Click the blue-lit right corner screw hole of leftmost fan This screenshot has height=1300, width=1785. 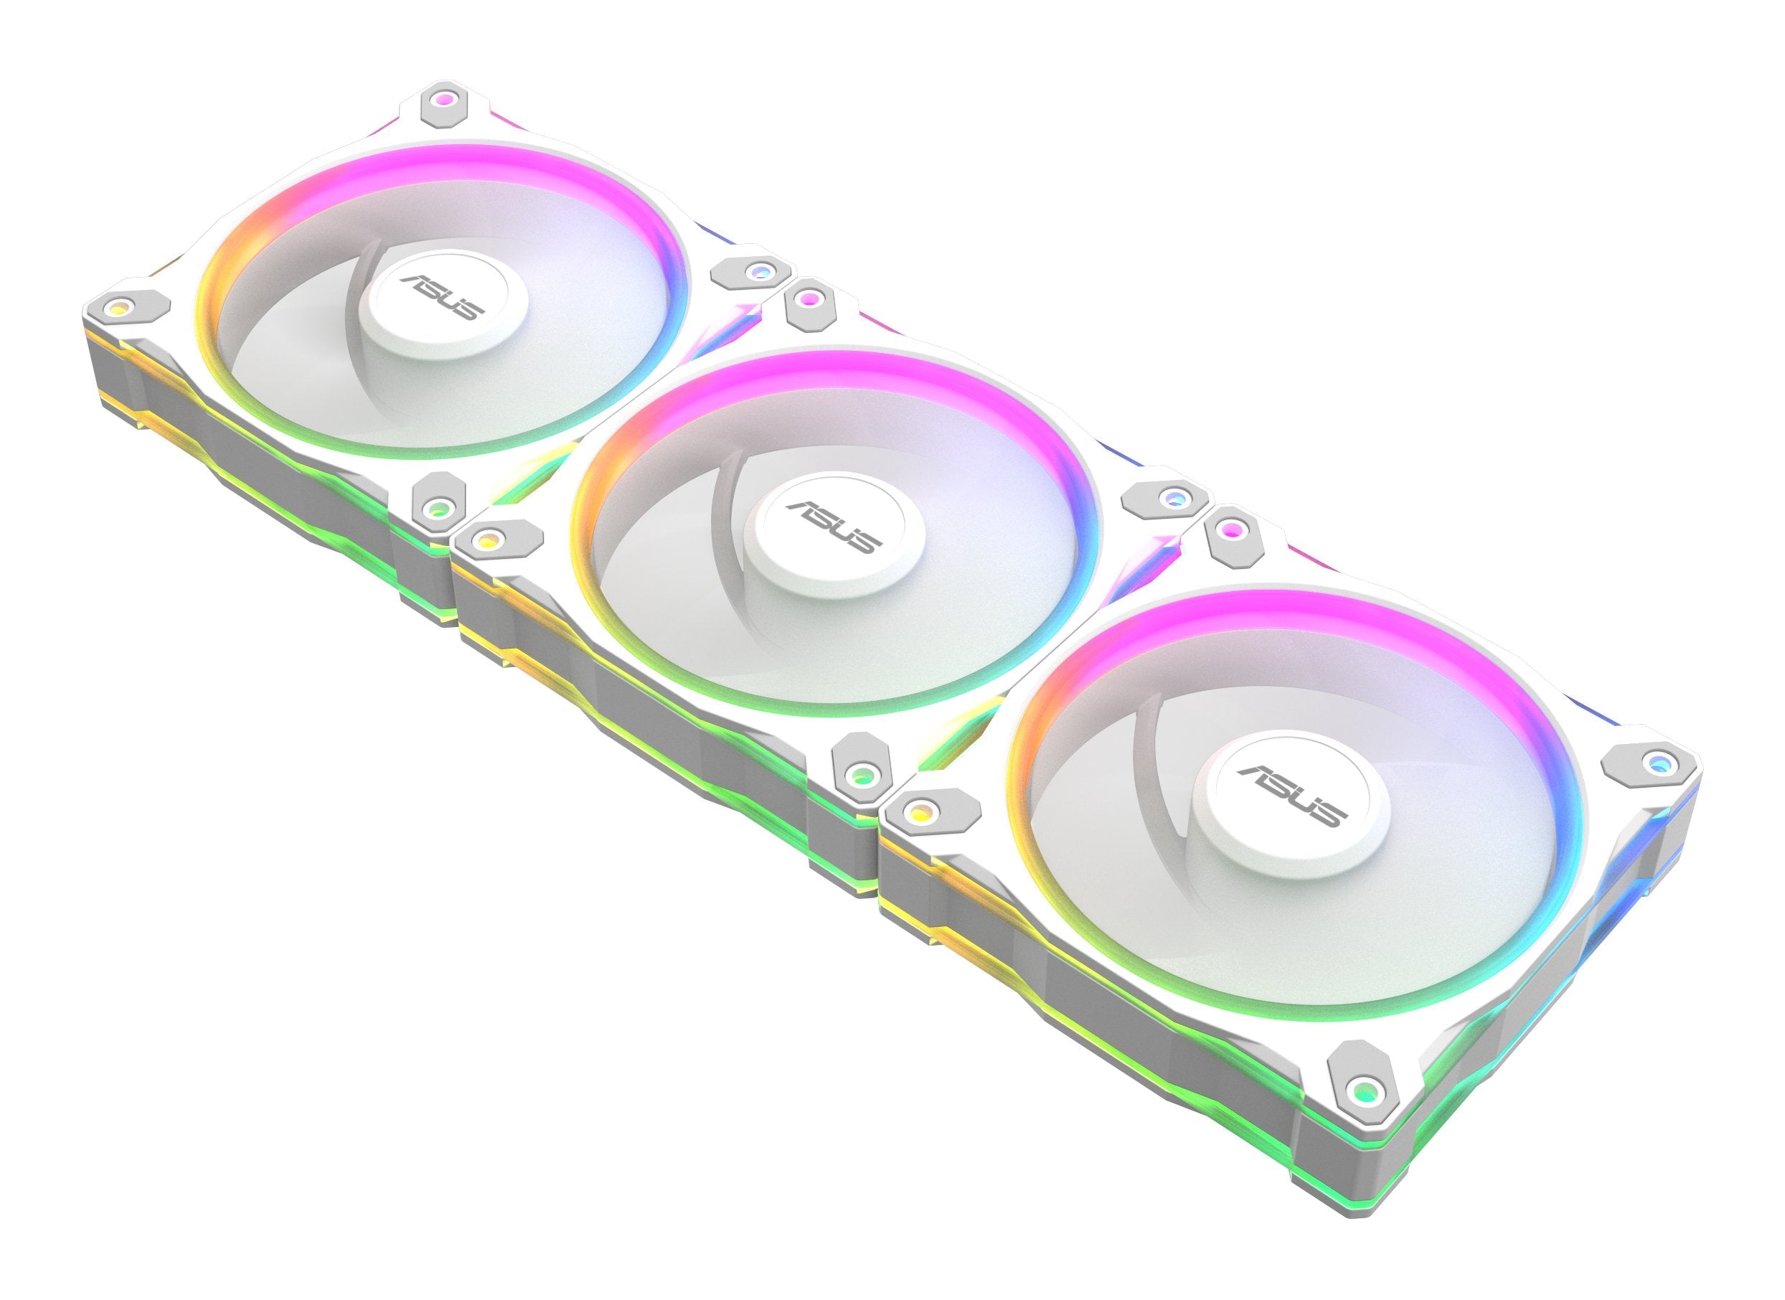(x=757, y=271)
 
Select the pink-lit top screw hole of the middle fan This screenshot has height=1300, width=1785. (x=809, y=299)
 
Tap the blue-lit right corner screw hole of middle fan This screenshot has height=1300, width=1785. (x=1172, y=496)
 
